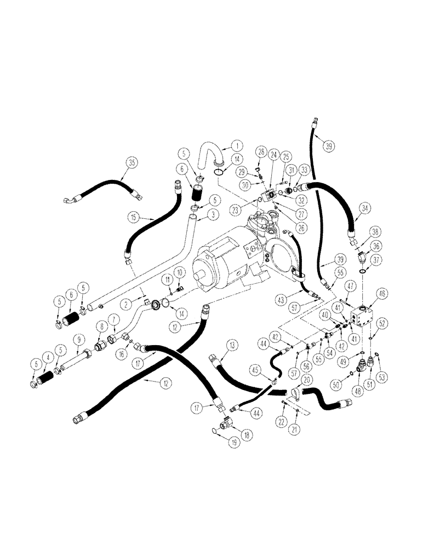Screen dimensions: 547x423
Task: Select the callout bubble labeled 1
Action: (236, 146)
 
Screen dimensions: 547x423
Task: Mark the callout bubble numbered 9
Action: (78, 339)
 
